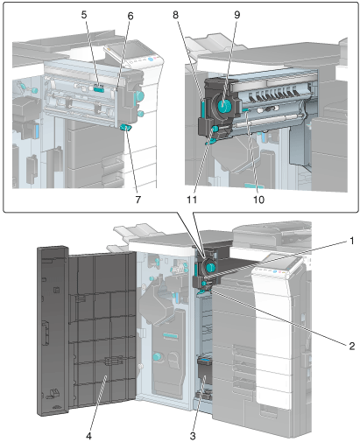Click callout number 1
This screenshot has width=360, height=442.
click(x=351, y=241)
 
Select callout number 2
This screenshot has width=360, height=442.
click(x=351, y=346)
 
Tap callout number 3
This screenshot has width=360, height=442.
click(x=193, y=436)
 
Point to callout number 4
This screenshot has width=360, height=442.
click(x=88, y=436)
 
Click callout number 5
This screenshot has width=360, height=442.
click(x=84, y=15)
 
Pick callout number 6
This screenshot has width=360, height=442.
click(x=131, y=16)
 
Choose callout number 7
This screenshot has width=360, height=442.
click(x=138, y=200)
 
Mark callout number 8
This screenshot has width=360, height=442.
click(x=175, y=15)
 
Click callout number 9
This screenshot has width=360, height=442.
click(x=236, y=15)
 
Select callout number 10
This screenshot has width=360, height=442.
click(x=258, y=200)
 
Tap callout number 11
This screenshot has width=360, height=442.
click(x=192, y=200)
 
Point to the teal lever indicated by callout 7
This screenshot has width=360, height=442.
click(x=126, y=127)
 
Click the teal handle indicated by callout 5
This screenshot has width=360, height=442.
click(x=99, y=88)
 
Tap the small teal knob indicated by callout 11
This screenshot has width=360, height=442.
click(x=215, y=128)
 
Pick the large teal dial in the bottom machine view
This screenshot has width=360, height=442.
click(x=210, y=266)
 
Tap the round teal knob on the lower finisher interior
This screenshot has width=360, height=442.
click(x=157, y=356)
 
